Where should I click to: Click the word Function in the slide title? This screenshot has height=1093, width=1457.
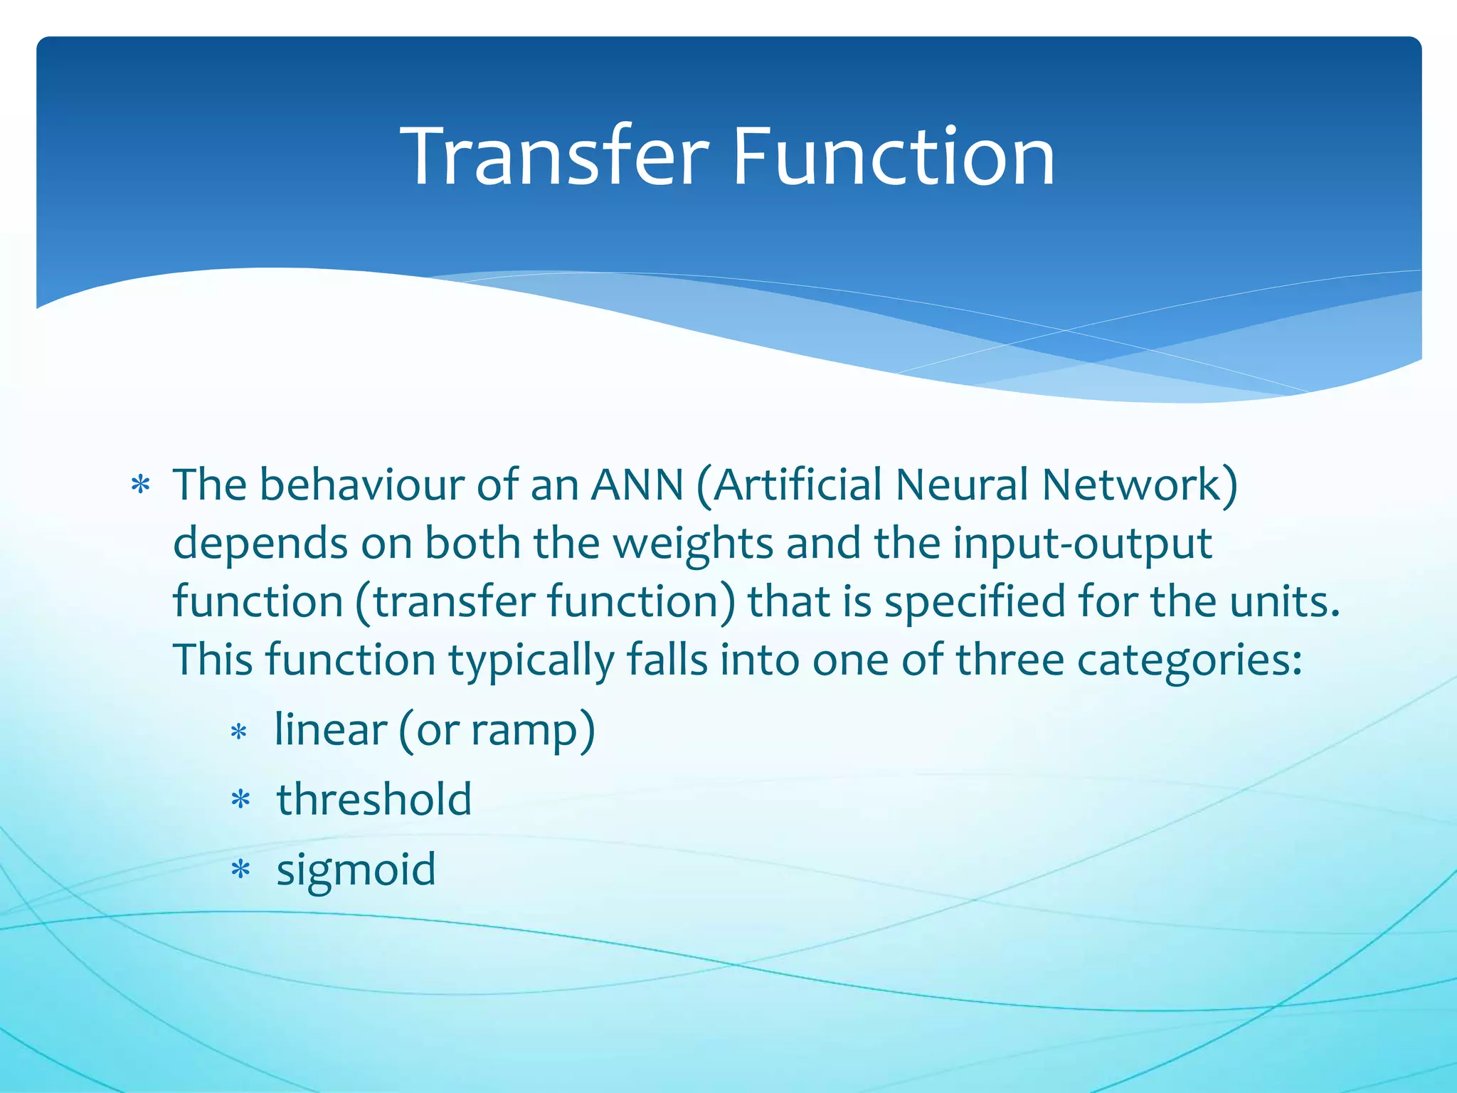point(893,157)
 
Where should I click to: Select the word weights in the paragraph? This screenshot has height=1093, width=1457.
point(692,545)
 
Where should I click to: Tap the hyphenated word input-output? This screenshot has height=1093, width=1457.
point(1082,545)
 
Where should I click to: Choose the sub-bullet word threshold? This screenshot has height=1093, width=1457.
point(374,799)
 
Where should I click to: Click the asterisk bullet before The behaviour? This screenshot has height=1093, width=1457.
point(140,486)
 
